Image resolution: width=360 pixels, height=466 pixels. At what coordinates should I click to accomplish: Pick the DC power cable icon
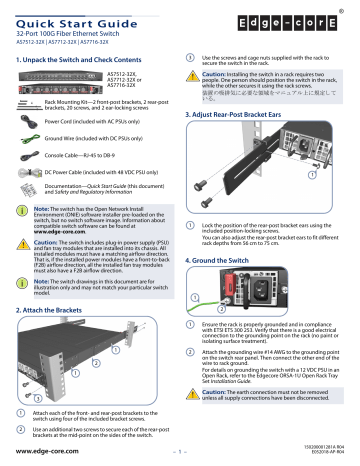tap(30, 176)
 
